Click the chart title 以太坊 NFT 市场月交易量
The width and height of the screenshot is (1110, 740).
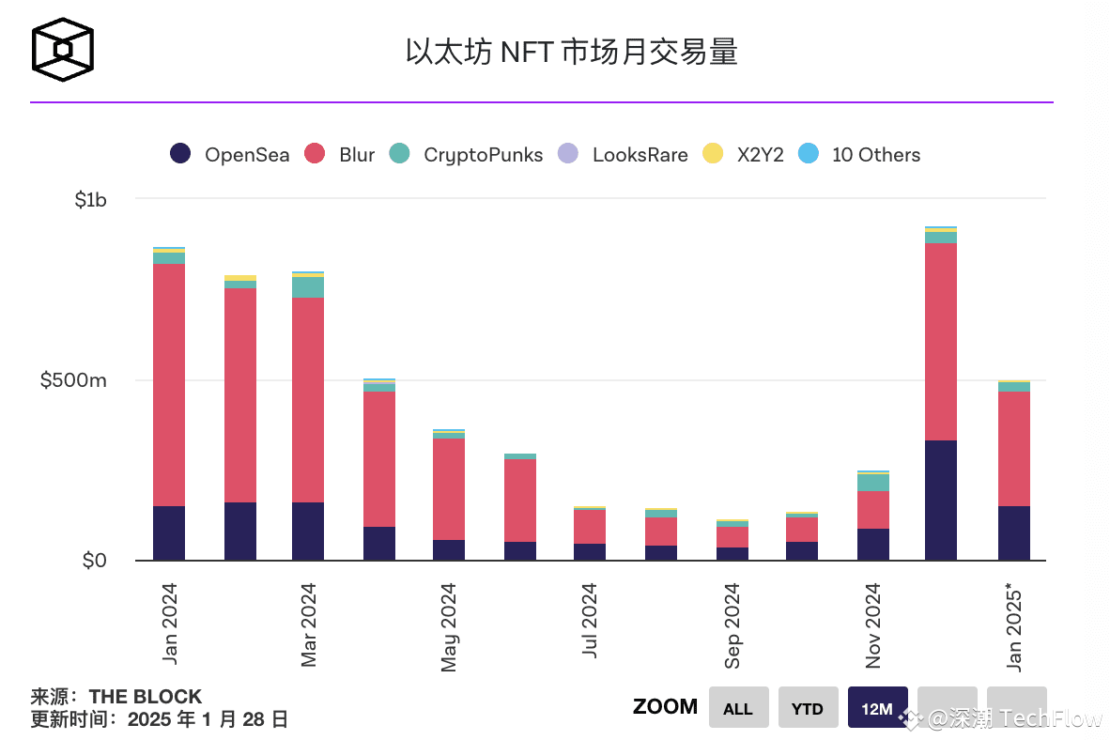pyautogui.click(x=571, y=51)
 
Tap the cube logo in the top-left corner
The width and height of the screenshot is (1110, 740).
pyautogui.click(x=64, y=50)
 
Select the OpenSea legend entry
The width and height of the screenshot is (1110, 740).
pyautogui.click(x=230, y=155)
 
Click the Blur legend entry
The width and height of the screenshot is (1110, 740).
pyautogui.click(x=340, y=155)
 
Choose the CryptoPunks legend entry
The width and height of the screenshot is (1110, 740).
pyautogui.click(x=467, y=155)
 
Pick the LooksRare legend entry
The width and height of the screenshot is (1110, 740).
pyautogui.click(x=624, y=155)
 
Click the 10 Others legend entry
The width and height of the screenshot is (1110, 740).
pyautogui.click(x=859, y=155)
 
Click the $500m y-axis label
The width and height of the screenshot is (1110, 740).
pyautogui.click(x=73, y=380)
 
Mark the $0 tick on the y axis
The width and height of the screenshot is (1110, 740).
pyautogui.click(x=94, y=561)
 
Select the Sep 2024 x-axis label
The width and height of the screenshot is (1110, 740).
pyautogui.click(x=732, y=625)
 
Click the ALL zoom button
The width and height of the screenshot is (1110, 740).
pyautogui.click(x=738, y=708)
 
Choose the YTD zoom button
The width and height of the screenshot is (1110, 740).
pyautogui.click(x=808, y=708)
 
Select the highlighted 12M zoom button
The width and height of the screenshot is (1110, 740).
pyautogui.click(x=877, y=708)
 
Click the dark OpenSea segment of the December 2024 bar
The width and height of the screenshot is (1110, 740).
pyautogui.click(x=940, y=500)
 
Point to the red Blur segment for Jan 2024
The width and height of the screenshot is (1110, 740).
pyautogui.click(x=169, y=385)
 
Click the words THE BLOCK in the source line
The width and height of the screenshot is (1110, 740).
pyautogui.click(x=146, y=697)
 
